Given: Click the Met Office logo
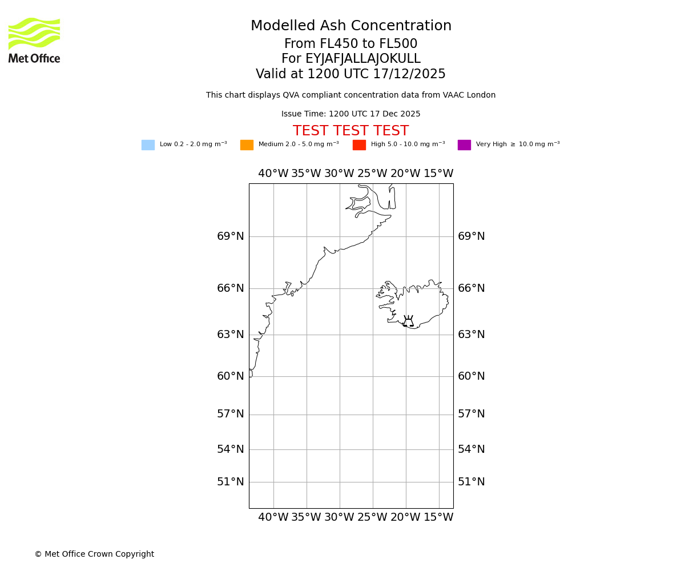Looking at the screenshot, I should click(34, 40).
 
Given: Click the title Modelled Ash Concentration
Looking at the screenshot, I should click(351, 26).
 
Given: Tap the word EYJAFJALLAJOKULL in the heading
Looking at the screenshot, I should click(363, 59).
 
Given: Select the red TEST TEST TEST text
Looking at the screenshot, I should click(350, 131).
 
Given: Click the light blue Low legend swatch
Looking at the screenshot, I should click(148, 145).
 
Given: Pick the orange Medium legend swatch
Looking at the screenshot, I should click(247, 145).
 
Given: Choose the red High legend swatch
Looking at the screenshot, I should click(359, 145).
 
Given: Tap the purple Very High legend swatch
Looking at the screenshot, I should click(464, 145).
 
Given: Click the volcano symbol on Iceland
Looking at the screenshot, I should click(408, 321).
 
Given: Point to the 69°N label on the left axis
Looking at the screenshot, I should click(230, 236).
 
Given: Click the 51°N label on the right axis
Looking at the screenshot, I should click(472, 482).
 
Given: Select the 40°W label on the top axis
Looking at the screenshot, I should click(273, 174).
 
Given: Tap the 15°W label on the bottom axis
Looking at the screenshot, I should click(438, 517).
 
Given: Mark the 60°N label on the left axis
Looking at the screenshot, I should click(230, 376).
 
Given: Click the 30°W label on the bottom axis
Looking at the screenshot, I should click(339, 517).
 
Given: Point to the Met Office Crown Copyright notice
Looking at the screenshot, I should click(94, 554).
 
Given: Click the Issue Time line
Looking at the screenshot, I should click(350, 114).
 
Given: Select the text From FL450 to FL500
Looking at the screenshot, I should click(350, 44).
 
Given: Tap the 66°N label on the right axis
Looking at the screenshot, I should click(472, 288).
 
